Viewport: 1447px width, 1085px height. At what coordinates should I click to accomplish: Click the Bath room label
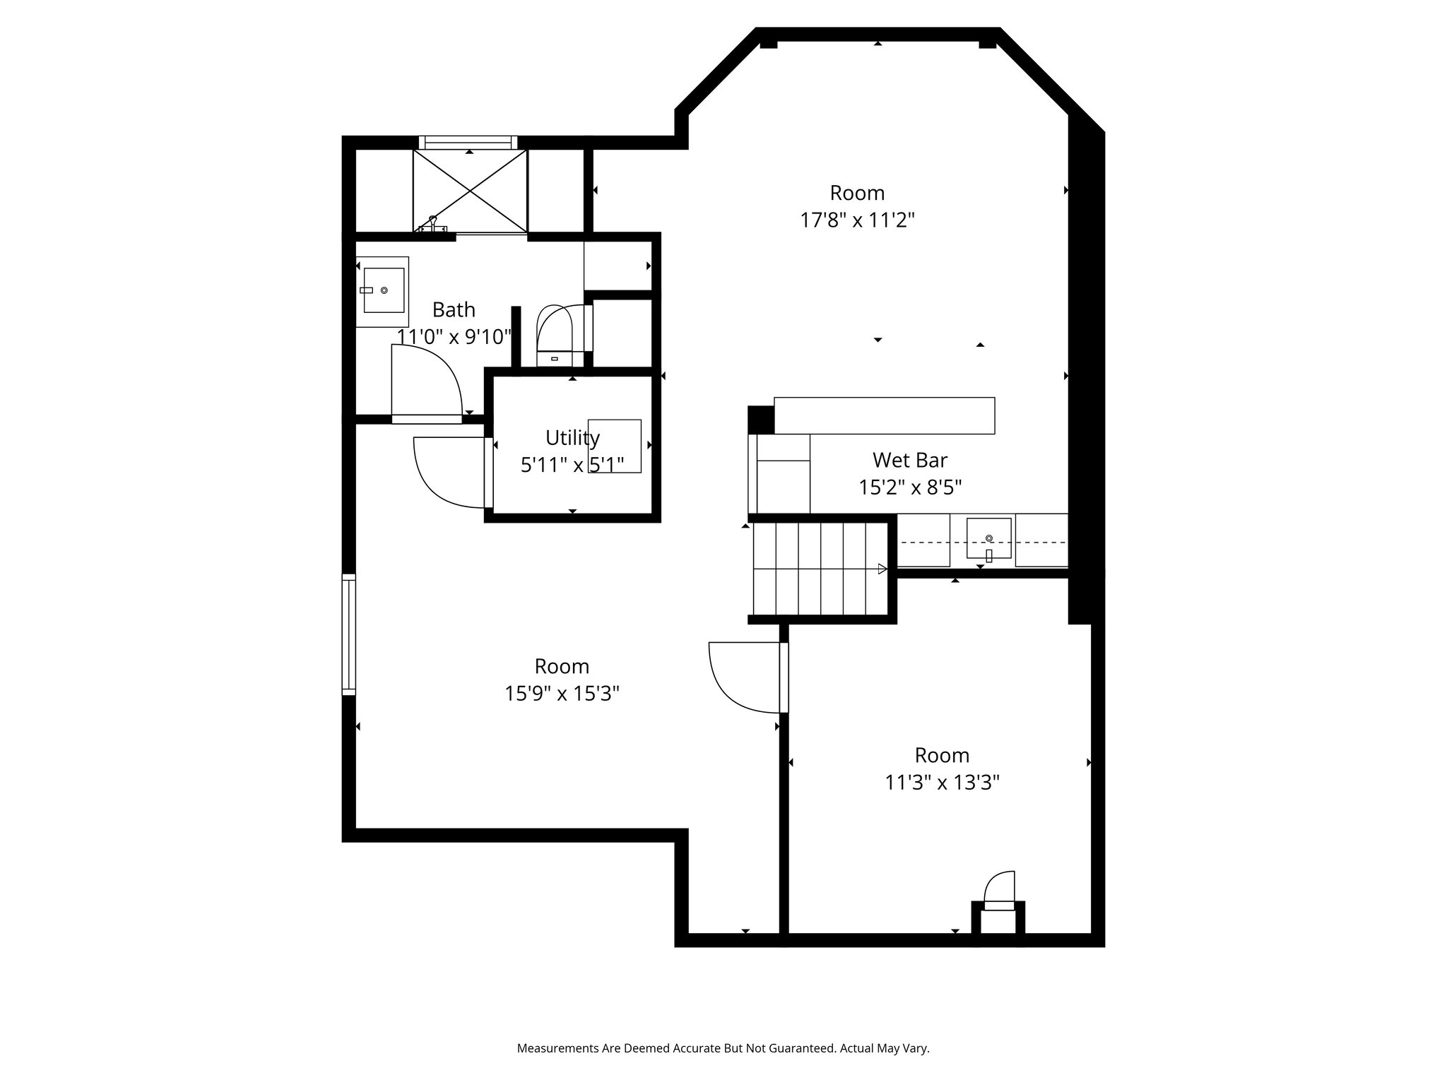[x=454, y=310]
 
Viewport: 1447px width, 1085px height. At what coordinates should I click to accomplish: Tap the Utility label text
[x=572, y=438]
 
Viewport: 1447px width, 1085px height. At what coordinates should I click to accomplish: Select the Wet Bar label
[x=909, y=461]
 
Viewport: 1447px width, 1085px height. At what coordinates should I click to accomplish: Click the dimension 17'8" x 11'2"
[x=857, y=220]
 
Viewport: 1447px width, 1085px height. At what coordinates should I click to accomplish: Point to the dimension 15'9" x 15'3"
[x=562, y=694]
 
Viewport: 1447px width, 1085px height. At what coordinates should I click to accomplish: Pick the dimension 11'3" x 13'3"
[x=942, y=783]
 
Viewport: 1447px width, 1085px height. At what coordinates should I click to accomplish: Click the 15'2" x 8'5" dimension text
[x=910, y=487]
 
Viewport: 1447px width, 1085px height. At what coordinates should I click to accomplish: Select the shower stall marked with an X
[x=470, y=191]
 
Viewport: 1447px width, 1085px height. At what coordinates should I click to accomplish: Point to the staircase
[x=820, y=569]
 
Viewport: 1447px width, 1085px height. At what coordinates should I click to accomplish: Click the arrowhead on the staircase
[x=882, y=569]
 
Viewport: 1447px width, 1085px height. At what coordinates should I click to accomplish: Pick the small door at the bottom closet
[x=998, y=891]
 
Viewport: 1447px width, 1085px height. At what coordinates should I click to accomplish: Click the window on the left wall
[x=348, y=634]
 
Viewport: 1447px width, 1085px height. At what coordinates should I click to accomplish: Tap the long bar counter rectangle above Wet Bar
[x=884, y=415]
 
